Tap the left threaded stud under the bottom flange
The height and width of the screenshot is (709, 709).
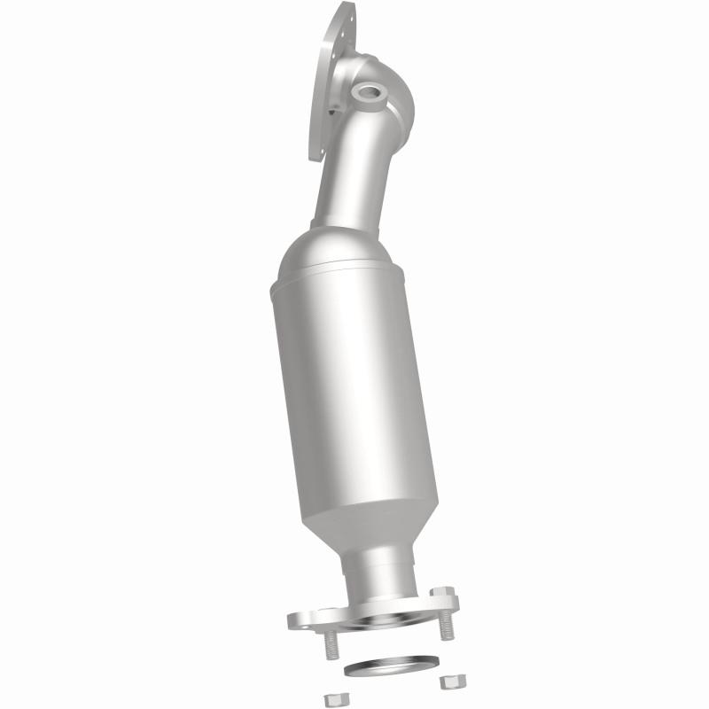click(330, 647)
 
